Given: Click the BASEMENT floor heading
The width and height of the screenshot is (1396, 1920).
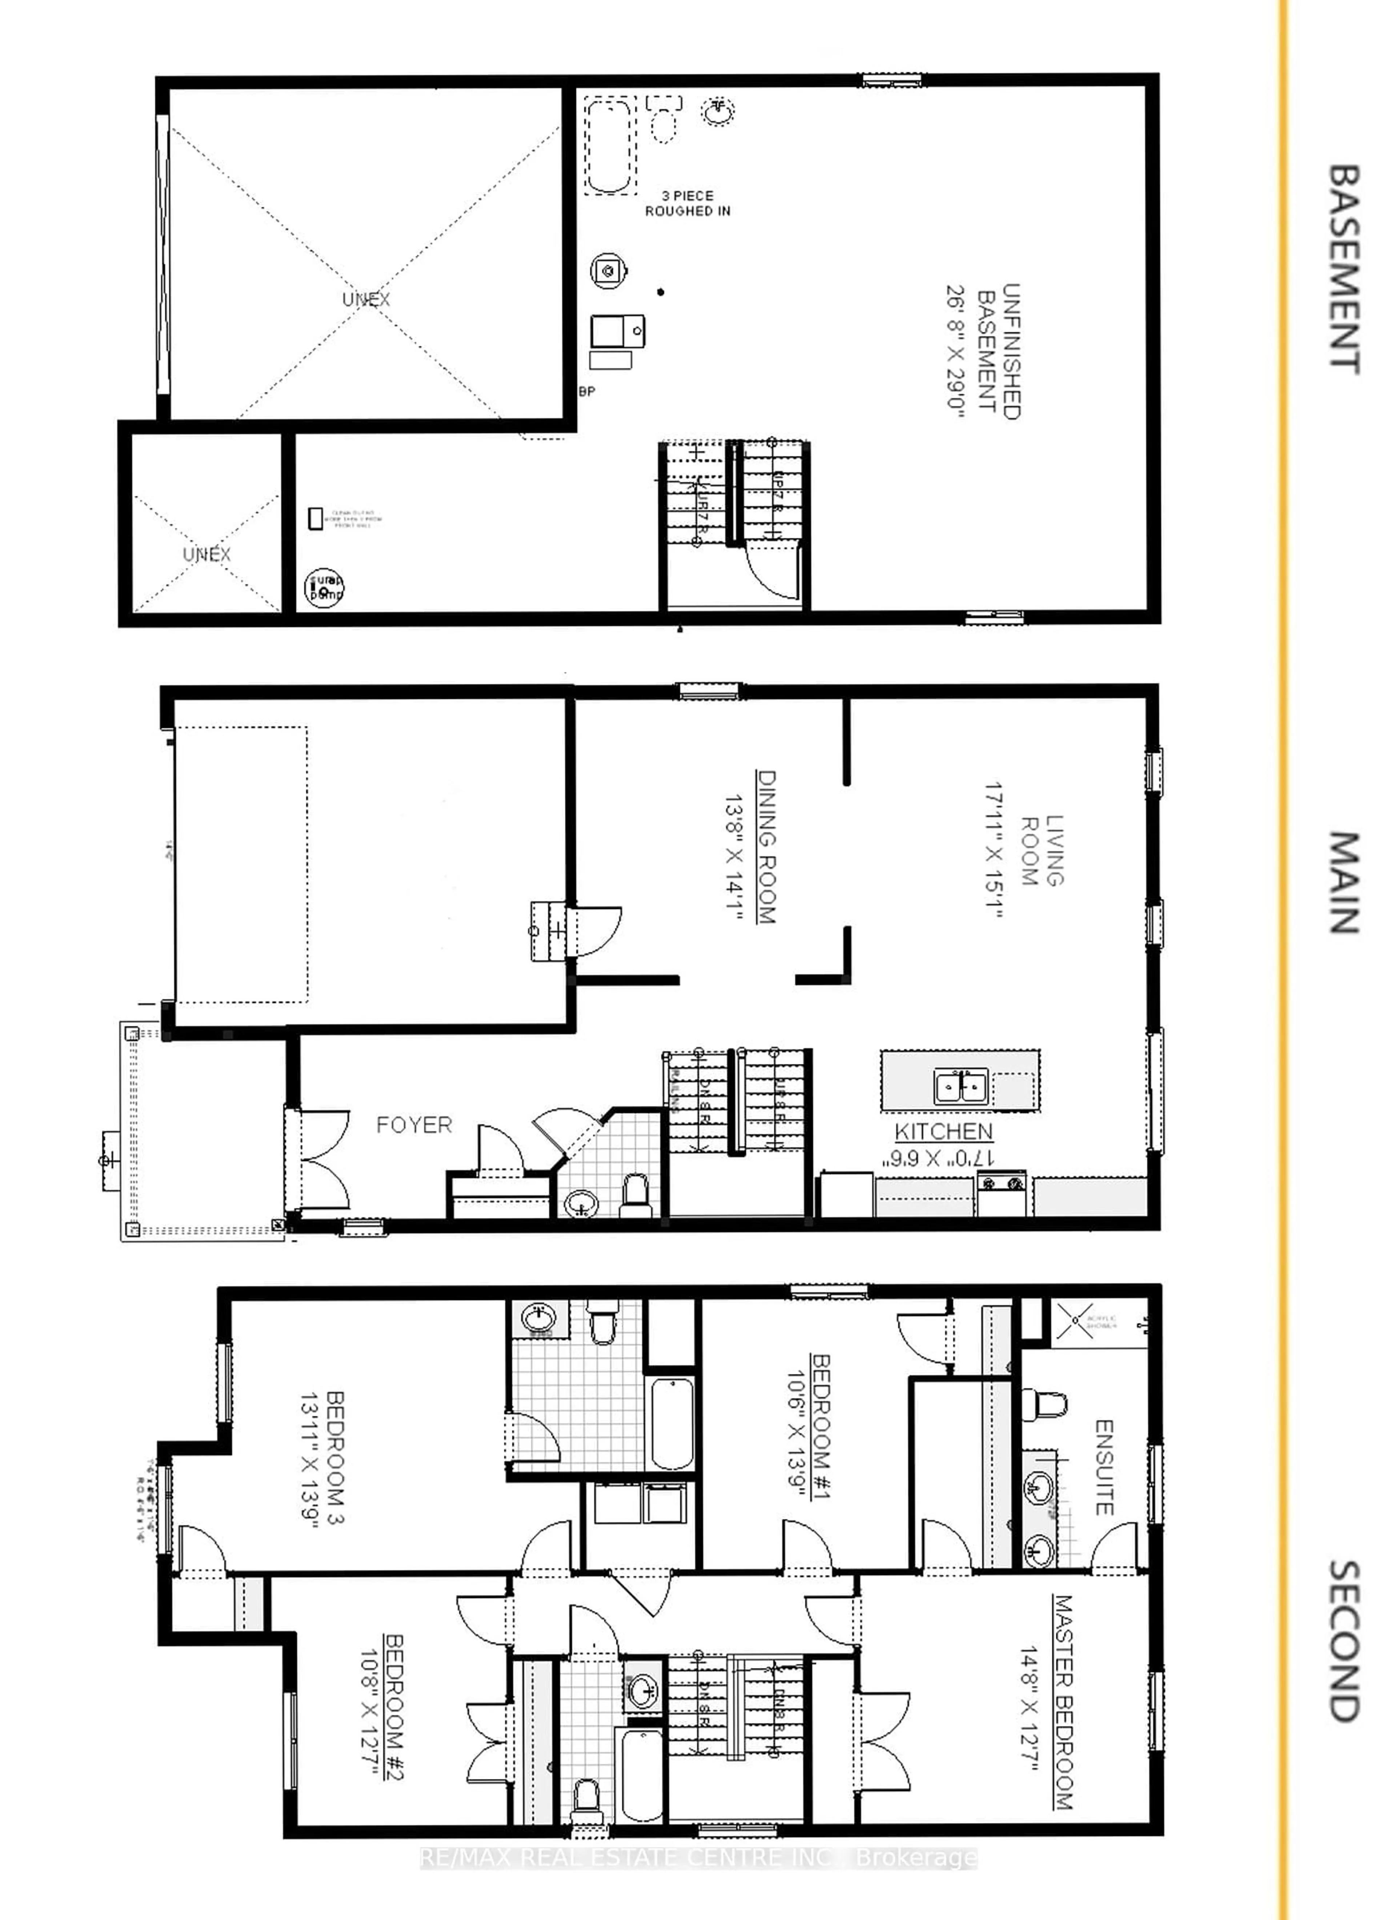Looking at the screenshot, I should tap(1344, 269).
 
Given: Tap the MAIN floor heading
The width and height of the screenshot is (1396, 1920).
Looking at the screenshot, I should tap(1344, 883).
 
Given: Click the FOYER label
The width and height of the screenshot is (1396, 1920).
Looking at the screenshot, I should tap(414, 1125).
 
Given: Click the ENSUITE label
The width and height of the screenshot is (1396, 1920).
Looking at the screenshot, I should tap(1105, 1467).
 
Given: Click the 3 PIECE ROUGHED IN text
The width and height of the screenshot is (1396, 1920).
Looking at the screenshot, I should tap(687, 203).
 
